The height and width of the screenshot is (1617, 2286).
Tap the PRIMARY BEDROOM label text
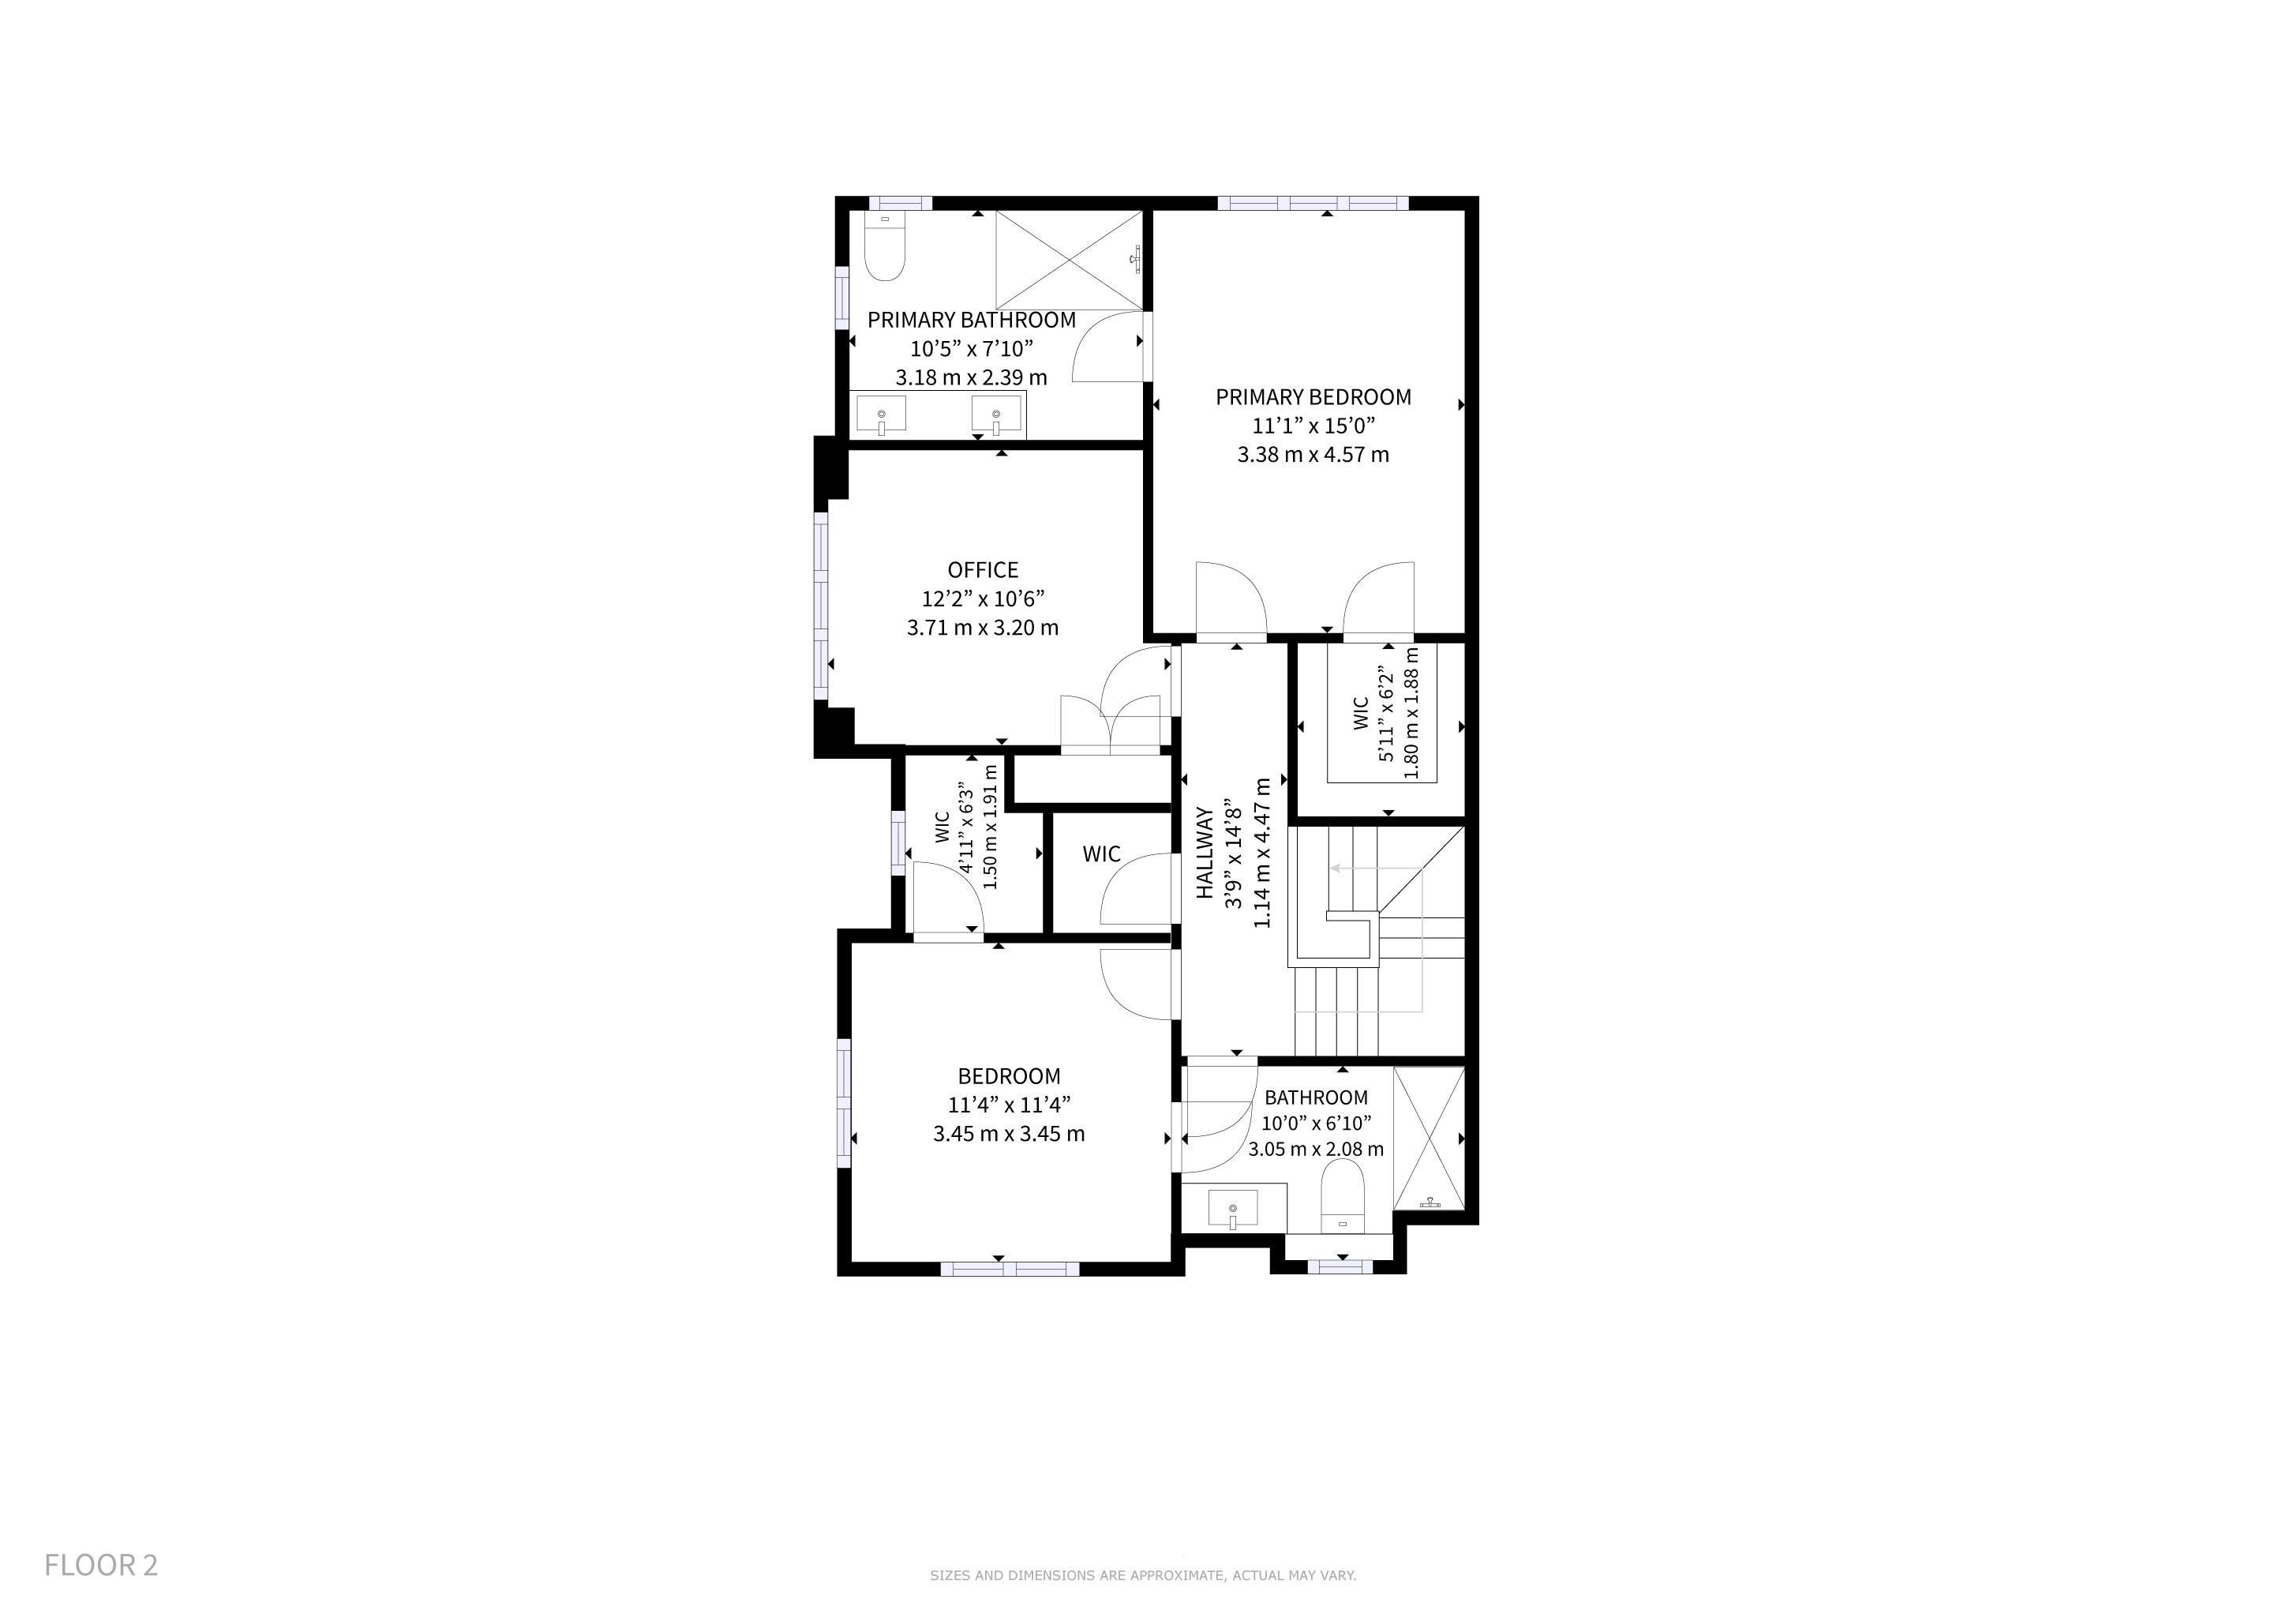click(1314, 397)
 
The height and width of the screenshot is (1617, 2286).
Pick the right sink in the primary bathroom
click(997, 415)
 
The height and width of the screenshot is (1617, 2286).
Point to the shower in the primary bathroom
click(1070, 260)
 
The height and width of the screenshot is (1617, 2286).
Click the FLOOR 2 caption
click(100, 1564)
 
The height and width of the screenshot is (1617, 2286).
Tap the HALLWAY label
click(1205, 852)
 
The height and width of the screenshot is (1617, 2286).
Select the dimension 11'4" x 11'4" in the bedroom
click(1010, 1105)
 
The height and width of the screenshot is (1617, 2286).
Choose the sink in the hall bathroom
click(1233, 1210)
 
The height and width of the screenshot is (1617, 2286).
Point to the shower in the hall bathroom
click(1429, 1138)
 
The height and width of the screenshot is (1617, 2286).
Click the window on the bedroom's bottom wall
click(1010, 1269)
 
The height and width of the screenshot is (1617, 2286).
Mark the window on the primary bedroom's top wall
click(1314, 203)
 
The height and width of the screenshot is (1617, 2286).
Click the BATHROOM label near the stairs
click(1316, 1097)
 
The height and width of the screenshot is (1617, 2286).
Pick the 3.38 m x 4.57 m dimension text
click(1314, 455)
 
